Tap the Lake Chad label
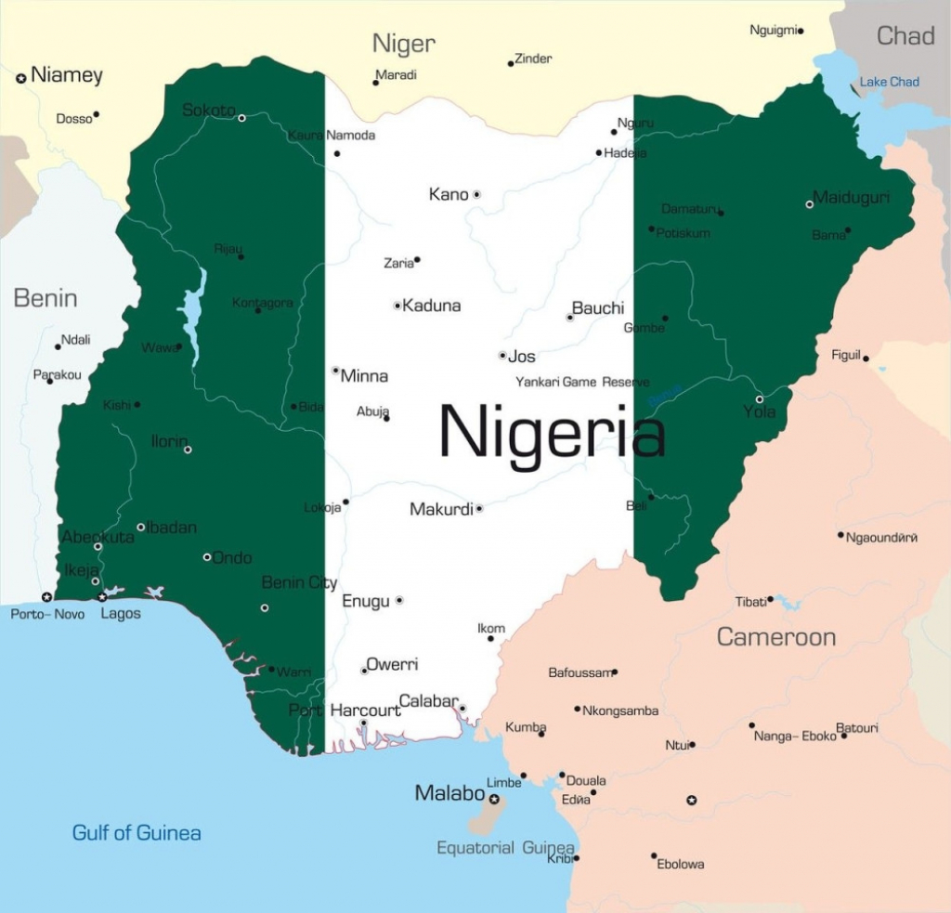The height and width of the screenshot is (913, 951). (889, 82)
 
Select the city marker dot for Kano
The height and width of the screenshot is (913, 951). (476, 195)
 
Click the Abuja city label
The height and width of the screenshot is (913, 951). (371, 411)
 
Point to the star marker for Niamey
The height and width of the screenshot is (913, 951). (20, 79)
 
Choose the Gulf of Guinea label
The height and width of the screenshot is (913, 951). (137, 833)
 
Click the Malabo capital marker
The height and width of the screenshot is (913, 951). (494, 799)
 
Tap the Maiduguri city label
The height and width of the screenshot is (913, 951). (852, 198)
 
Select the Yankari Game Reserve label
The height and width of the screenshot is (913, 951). (582, 383)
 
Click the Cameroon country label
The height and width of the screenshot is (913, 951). (775, 637)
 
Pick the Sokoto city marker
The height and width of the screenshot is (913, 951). (241, 118)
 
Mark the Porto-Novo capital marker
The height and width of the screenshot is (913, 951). (46, 596)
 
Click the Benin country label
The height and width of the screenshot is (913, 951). (45, 298)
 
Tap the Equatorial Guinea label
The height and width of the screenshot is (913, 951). (505, 848)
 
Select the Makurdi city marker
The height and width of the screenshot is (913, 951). (479, 509)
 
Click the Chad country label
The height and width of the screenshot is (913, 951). (905, 36)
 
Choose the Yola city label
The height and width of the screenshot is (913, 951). (759, 411)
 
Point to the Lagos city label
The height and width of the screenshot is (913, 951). (121, 614)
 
